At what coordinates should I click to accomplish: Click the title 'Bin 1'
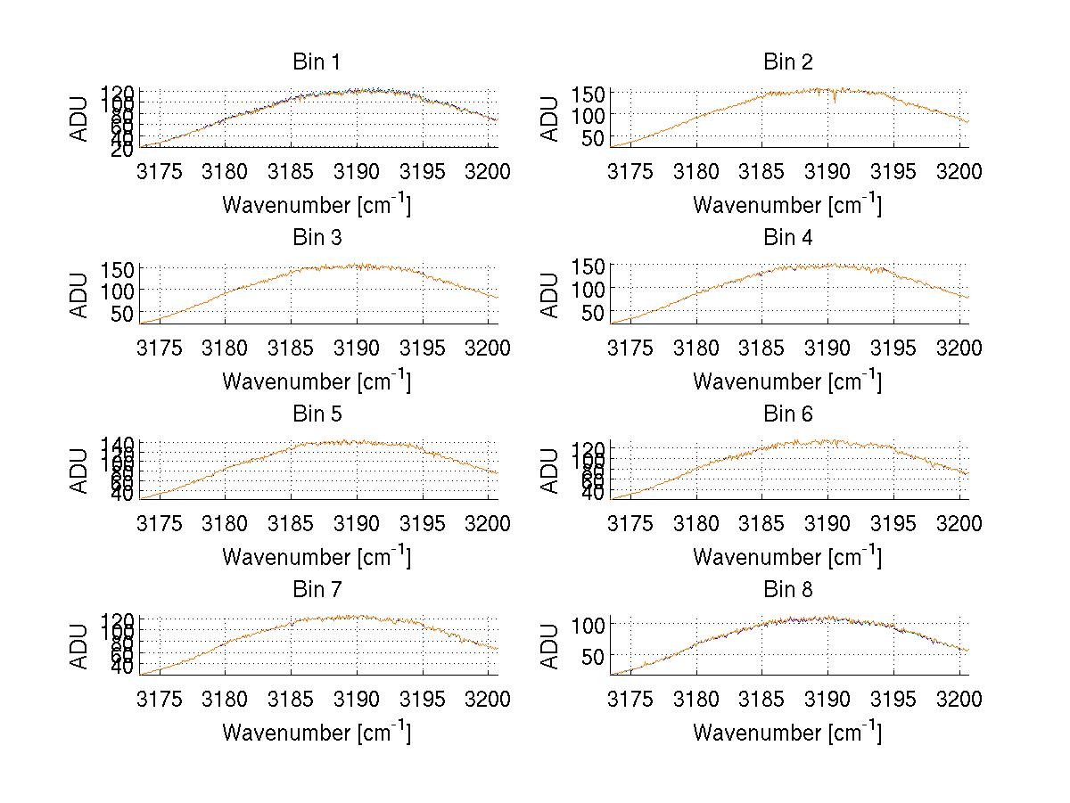tap(316, 62)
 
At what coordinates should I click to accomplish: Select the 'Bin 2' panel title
tap(787, 62)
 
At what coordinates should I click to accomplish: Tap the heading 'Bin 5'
tap(316, 414)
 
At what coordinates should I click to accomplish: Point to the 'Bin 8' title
tap(787, 590)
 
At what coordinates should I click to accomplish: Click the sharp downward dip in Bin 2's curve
tap(835, 101)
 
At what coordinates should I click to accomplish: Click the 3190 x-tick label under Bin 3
tap(358, 348)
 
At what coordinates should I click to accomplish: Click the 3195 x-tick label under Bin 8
tap(893, 700)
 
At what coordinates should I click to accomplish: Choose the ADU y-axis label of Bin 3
tap(80, 295)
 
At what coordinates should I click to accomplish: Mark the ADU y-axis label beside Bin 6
tap(551, 471)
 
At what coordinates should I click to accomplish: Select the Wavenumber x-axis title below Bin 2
tap(787, 205)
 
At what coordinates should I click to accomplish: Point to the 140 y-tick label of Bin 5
tap(119, 444)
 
